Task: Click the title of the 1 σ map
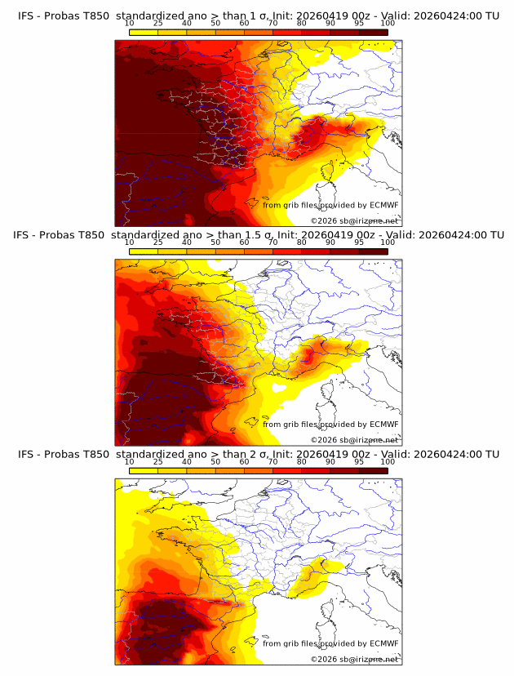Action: pos(257,16)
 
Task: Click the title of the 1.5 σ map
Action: pos(257,234)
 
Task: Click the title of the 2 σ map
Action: pos(257,453)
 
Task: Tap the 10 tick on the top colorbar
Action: pos(130,24)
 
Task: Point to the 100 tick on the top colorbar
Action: pos(388,24)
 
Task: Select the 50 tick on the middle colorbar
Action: pos(215,242)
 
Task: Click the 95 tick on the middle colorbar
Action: pos(359,242)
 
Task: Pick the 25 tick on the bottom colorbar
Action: pos(158,461)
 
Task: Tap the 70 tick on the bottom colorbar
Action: pos(273,461)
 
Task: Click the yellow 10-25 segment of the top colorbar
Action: pos(144,32)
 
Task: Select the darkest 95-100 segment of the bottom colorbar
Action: pos(373,470)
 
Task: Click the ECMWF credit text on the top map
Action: pos(330,205)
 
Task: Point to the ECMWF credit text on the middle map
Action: pos(330,424)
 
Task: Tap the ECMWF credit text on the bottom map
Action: pos(330,643)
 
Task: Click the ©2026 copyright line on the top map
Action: pos(354,220)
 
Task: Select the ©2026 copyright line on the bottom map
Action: pos(354,659)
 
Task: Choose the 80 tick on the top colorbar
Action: pos(302,24)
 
